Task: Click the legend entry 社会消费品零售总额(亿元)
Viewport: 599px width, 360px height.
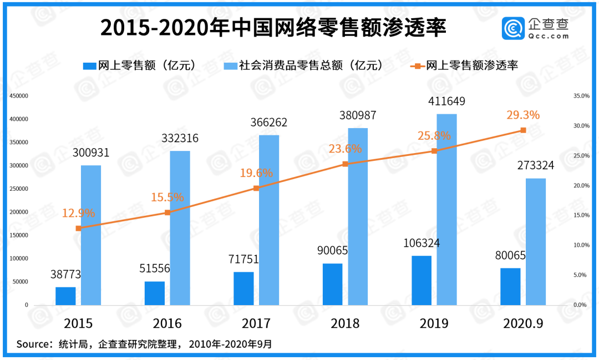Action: click(303, 65)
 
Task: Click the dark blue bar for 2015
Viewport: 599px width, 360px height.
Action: click(65, 296)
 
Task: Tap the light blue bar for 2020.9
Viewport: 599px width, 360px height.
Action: click(536, 241)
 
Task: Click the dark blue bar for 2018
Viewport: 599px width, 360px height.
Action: click(332, 284)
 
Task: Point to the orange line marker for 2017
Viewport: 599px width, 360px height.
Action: click(256, 188)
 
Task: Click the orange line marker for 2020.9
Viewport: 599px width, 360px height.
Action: click(523, 130)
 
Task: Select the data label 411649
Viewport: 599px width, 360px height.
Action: click(446, 102)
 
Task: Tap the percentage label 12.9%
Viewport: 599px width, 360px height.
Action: click(78, 213)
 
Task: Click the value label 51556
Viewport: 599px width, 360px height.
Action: click(155, 268)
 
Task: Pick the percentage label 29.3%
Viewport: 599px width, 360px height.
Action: click(523, 115)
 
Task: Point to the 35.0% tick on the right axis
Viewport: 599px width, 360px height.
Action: click(581, 96)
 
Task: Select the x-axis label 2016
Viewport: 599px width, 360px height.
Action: click(167, 323)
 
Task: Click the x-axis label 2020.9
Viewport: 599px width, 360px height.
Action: click(524, 323)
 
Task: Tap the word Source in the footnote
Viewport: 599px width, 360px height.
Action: click(34, 344)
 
